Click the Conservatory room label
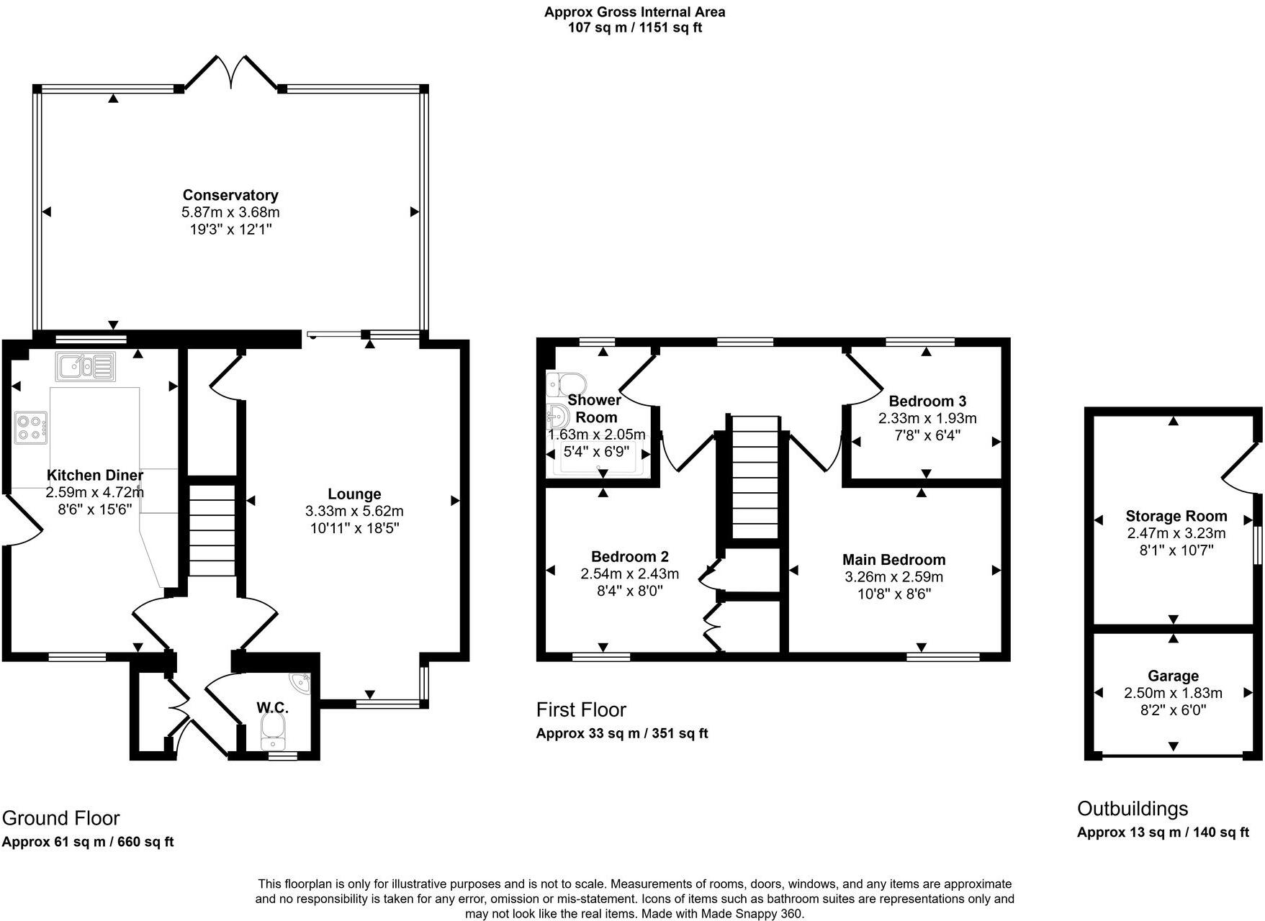coord(230,195)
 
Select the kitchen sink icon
coord(85,366)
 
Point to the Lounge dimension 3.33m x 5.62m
coord(354,511)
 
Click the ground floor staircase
coord(212,530)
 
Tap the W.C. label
coord(273,708)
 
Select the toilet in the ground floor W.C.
coord(273,734)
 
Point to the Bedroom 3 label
coord(927,401)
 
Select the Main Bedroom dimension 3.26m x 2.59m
coord(893,577)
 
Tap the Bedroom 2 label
coord(630,556)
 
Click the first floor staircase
coord(755,476)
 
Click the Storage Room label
coord(1176,516)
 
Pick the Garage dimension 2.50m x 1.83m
coord(1173,693)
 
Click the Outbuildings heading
coord(1132,809)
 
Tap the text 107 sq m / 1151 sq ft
coord(634,28)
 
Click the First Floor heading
coord(581,710)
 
